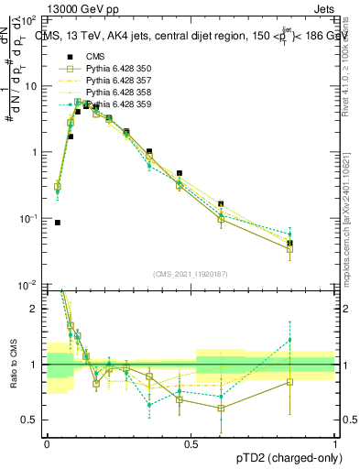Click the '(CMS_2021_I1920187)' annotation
(191, 274)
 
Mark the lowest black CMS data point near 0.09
(58, 223)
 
